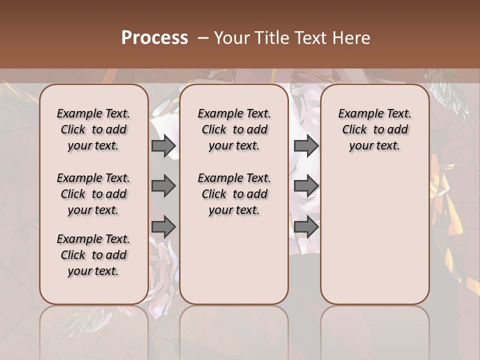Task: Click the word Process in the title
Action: (x=154, y=38)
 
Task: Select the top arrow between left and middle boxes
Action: (x=163, y=146)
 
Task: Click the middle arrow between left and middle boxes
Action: (x=163, y=186)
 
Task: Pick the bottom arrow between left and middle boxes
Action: (x=163, y=227)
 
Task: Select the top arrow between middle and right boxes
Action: (x=306, y=146)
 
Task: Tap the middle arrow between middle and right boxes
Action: (x=306, y=186)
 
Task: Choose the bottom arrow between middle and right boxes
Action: (x=306, y=227)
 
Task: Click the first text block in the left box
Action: (x=93, y=129)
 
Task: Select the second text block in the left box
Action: (x=93, y=194)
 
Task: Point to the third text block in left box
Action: (x=93, y=255)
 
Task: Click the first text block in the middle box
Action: (x=234, y=129)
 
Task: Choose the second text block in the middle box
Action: (x=234, y=194)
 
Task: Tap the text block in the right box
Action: (x=374, y=129)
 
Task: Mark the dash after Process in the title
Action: (x=202, y=38)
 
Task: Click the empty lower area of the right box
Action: (x=374, y=235)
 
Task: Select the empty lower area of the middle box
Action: (x=234, y=260)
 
